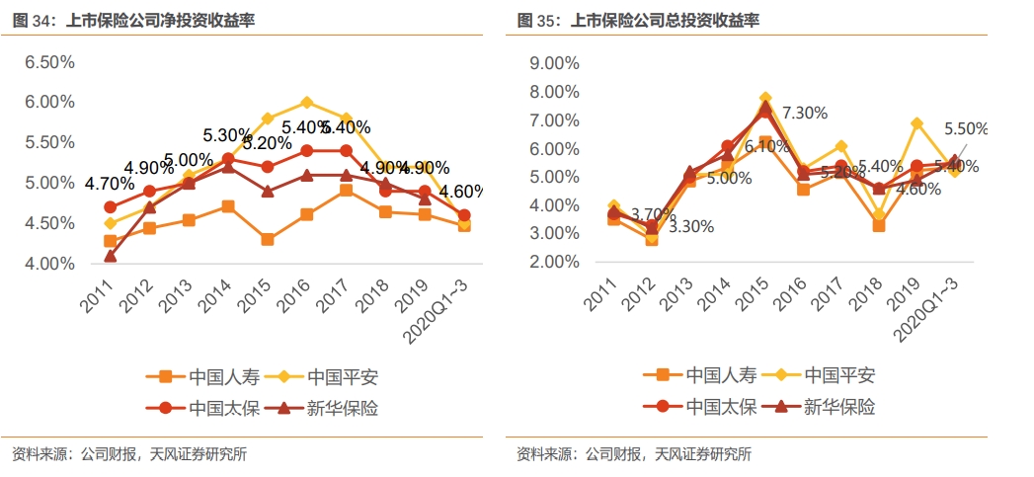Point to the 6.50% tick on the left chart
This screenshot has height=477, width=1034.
click(x=49, y=62)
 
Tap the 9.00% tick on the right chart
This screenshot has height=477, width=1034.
click(x=554, y=63)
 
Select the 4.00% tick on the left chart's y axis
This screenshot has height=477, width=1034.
click(x=49, y=264)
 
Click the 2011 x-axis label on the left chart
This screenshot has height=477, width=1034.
click(x=97, y=291)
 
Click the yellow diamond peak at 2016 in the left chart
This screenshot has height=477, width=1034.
click(x=307, y=102)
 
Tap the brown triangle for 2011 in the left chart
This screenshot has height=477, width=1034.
click(x=111, y=256)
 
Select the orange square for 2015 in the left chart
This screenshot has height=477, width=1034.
click(x=267, y=239)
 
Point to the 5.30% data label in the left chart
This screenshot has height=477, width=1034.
click(x=228, y=135)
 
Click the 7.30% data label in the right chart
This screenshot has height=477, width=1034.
click(x=804, y=113)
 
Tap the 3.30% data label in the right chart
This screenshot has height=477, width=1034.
click(x=690, y=226)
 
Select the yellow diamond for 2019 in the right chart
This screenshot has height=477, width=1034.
click(x=916, y=123)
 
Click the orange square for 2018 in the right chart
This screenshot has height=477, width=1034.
click(x=878, y=225)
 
